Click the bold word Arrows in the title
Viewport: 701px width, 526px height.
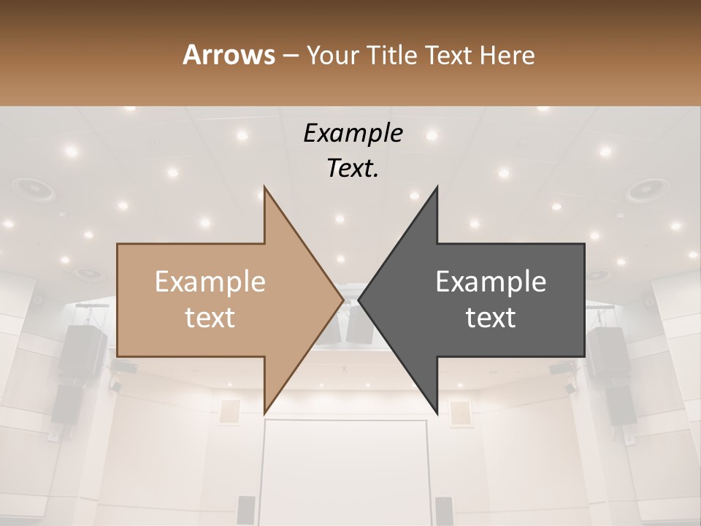point(229,55)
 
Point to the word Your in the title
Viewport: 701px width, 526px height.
point(332,55)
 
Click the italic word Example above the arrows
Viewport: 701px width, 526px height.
point(353,134)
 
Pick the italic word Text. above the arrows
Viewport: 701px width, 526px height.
point(353,169)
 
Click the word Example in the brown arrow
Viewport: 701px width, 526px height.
point(210,281)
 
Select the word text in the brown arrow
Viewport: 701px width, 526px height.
point(210,318)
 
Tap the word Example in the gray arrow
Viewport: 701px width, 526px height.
point(491,281)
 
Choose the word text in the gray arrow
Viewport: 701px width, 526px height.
point(491,318)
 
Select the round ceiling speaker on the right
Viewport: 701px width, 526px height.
point(647,191)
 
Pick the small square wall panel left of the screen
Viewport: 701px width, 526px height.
point(230,411)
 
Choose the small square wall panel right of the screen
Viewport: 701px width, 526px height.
point(460,413)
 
